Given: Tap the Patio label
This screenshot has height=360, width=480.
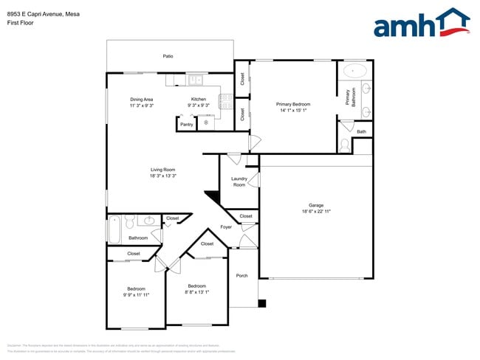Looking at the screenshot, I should point(168,56).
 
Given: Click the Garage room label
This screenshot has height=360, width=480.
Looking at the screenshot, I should point(316,205).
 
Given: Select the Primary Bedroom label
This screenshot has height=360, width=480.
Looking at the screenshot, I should point(293,105).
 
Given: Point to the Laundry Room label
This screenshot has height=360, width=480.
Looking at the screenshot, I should point(239,181).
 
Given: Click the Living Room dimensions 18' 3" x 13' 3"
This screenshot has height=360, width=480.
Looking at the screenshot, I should point(162,176).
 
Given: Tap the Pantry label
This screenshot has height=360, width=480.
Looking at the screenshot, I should point(187,124).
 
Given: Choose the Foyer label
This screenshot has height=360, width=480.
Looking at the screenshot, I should point(226,226).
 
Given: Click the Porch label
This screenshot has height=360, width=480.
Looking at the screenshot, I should point(241,276).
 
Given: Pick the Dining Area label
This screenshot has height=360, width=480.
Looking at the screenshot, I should point(142,99).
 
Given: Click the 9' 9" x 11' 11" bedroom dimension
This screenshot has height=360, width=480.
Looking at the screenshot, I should point(135,295).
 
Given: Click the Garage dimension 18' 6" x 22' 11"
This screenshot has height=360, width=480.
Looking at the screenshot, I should point(316,212).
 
